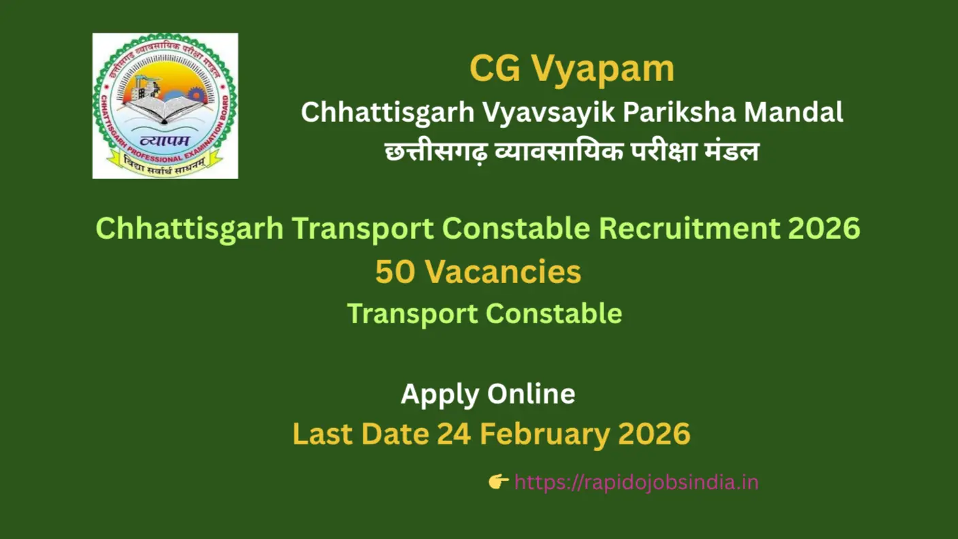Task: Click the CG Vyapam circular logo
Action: coord(165,105)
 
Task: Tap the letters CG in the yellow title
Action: coord(495,69)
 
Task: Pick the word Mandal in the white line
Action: coord(794,112)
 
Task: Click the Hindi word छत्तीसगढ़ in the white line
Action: coord(436,152)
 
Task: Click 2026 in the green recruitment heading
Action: coord(824,228)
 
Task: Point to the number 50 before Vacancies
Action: coord(395,272)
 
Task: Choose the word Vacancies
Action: coord(503,272)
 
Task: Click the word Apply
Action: coord(440,395)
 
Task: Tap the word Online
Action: coord(531,393)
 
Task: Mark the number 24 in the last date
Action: coord(454,434)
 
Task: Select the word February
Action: coord(545,435)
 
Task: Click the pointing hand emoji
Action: coord(499,482)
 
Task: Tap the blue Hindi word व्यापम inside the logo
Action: coord(165,140)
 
